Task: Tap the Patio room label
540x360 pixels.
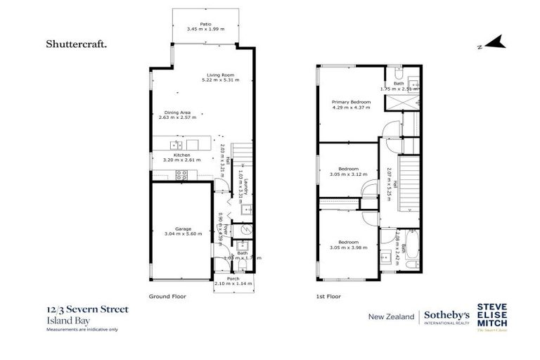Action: pyautogui.click(x=205, y=27)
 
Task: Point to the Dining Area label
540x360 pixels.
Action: pyautogui.click(x=177, y=115)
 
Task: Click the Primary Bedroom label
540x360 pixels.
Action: pyautogui.click(x=351, y=104)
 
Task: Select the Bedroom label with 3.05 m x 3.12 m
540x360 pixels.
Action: pyautogui.click(x=348, y=171)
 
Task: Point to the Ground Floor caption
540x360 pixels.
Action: pyautogui.click(x=166, y=297)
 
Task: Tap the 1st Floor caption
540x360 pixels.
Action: pyautogui.click(x=328, y=297)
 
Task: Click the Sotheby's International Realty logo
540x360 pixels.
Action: pyautogui.click(x=446, y=317)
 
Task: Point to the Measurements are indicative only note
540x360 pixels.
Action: pyautogui.click(x=82, y=329)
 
